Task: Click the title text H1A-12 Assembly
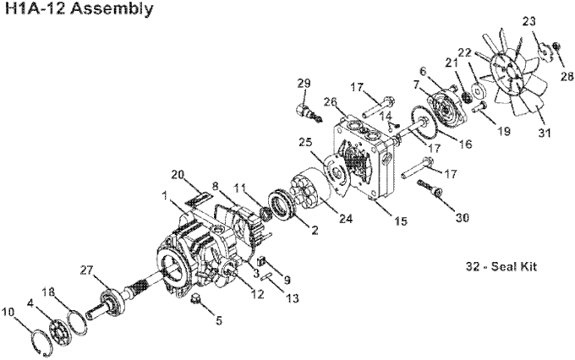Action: point(79,8)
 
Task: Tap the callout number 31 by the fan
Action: point(545,133)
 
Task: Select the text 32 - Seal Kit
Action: point(501,266)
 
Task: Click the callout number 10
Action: point(8,312)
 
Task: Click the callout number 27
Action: point(88,270)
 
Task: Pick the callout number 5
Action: point(218,321)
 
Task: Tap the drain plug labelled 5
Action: point(195,299)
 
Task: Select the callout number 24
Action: point(346,219)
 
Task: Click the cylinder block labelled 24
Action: point(312,188)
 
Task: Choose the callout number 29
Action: point(304,83)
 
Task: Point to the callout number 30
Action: point(462,217)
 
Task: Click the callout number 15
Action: point(401,221)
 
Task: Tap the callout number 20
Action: point(178,175)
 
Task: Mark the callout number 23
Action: point(528,22)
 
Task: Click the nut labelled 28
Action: point(556,46)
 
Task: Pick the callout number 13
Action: point(293,298)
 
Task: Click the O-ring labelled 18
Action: point(77,321)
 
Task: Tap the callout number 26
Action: point(330,101)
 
